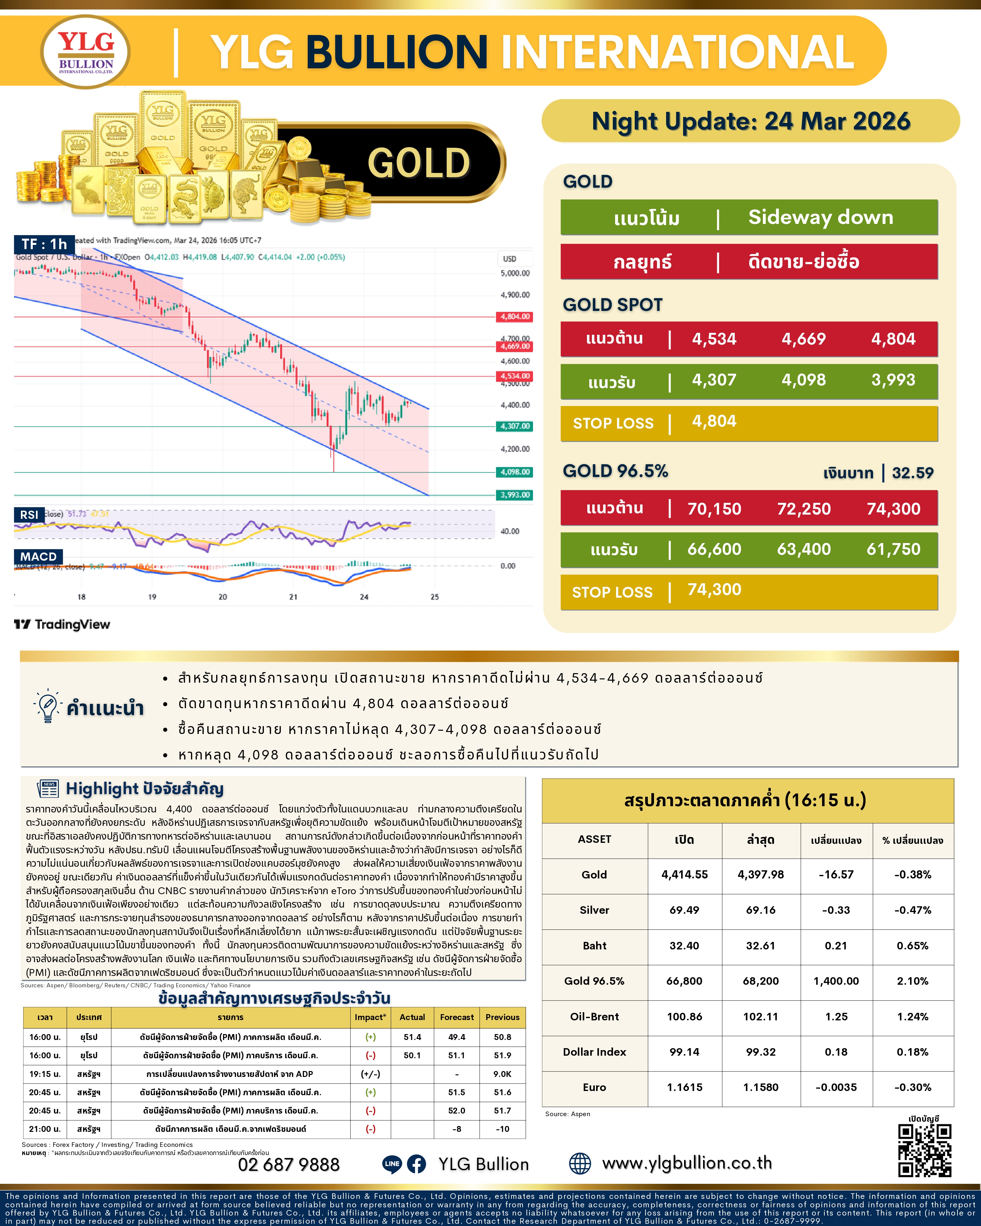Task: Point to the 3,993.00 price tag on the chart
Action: pyautogui.click(x=515, y=495)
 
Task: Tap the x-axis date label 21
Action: pyautogui.click(x=293, y=597)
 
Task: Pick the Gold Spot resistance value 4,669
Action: pyautogui.click(x=803, y=339)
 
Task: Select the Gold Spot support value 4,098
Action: pyautogui.click(x=803, y=380)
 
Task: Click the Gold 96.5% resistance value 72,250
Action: pyautogui.click(x=803, y=509)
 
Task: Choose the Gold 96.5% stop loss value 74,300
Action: pyautogui.click(x=714, y=590)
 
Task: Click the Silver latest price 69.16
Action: pyautogui.click(x=760, y=910)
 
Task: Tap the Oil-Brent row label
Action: pyautogui.click(x=594, y=1016)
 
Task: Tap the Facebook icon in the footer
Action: pyautogui.click(x=416, y=1164)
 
